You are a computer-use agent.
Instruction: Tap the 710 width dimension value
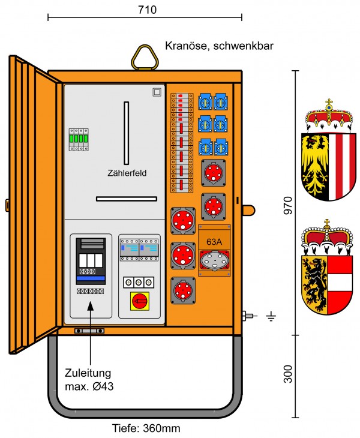(x=147, y=10)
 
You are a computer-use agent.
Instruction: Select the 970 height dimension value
(x=287, y=205)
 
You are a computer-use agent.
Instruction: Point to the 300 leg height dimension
(x=287, y=374)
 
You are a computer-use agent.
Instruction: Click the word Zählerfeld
(x=127, y=173)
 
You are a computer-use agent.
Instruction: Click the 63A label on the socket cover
(x=214, y=242)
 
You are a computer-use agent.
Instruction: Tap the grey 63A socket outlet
(x=214, y=260)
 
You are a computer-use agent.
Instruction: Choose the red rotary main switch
(x=139, y=301)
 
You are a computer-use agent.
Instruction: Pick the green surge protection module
(x=79, y=140)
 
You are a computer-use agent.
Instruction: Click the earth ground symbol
(x=271, y=316)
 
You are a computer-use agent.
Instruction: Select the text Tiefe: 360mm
(x=146, y=428)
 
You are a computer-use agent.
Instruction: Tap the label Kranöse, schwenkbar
(x=219, y=46)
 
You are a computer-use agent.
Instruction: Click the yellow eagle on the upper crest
(x=315, y=166)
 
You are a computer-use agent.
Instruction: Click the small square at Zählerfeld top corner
(x=157, y=92)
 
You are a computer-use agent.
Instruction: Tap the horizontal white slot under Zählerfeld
(x=127, y=199)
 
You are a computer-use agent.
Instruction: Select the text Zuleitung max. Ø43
(x=89, y=380)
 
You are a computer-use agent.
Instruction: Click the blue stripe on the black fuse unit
(x=91, y=278)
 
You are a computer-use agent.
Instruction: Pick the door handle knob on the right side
(x=248, y=210)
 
